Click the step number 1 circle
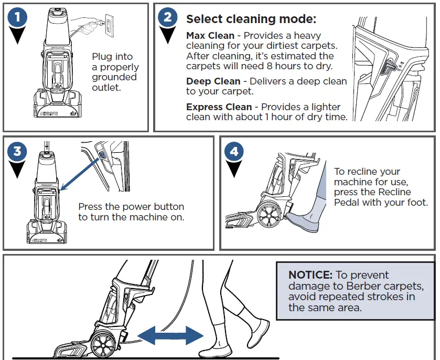pyautogui.click(x=17, y=17)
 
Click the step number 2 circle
pyautogui.click(x=167, y=17)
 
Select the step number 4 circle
pyautogui.click(x=233, y=152)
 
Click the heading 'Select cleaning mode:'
pyautogui.click(x=251, y=19)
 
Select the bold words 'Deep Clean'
pyautogui.click(x=213, y=81)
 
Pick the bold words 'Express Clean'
pyautogui.click(x=219, y=107)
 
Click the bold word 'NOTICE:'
pyautogui.click(x=310, y=275)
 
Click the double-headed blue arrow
pyautogui.click(x=170, y=335)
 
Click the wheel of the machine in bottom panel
pyautogui.click(x=104, y=344)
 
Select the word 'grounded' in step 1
pyautogui.click(x=114, y=77)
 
